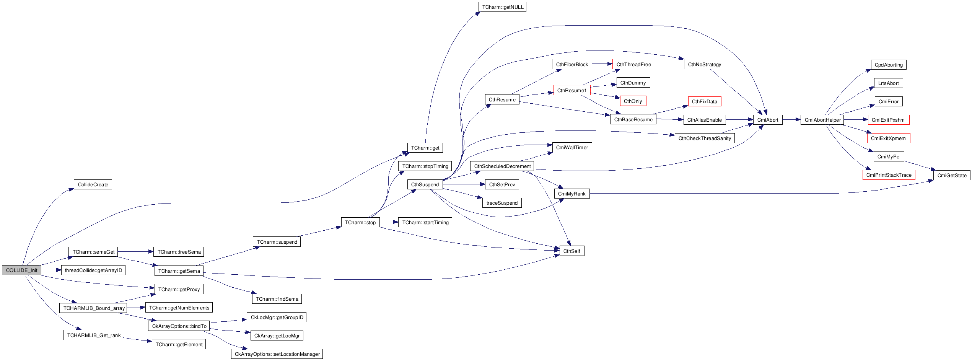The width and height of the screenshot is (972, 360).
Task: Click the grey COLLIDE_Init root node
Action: [x=21, y=270]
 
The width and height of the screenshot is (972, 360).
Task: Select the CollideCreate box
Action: [x=93, y=184]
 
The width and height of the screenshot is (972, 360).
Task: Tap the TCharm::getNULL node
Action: [x=502, y=7]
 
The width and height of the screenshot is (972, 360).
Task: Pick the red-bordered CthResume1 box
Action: [x=571, y=90]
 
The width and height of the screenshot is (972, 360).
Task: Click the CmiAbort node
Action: [x=768, y=120]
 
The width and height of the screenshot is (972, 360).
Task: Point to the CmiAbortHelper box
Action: [x=822, y=120]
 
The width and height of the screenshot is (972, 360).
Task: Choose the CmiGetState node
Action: [x=952, y=175]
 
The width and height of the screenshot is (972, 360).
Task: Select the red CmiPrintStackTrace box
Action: [x=889, y=175]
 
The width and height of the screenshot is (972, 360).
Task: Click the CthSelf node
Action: [x=571, y=251]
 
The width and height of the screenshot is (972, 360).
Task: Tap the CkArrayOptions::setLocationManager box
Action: [x=277, y=354]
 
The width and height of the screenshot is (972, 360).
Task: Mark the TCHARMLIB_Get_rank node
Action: [x=93, y=335]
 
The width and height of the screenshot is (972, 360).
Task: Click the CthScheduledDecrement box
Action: [x=502, y=166]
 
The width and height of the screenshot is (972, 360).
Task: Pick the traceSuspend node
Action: [x=502, y=203]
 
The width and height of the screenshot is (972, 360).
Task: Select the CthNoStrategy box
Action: [x=704, y=64]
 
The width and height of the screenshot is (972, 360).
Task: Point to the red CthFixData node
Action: [x=704, y=101]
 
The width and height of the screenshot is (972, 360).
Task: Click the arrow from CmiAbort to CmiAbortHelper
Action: [x=791, y=120]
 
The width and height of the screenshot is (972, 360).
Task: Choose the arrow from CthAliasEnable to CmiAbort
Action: [x=739, y=120]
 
